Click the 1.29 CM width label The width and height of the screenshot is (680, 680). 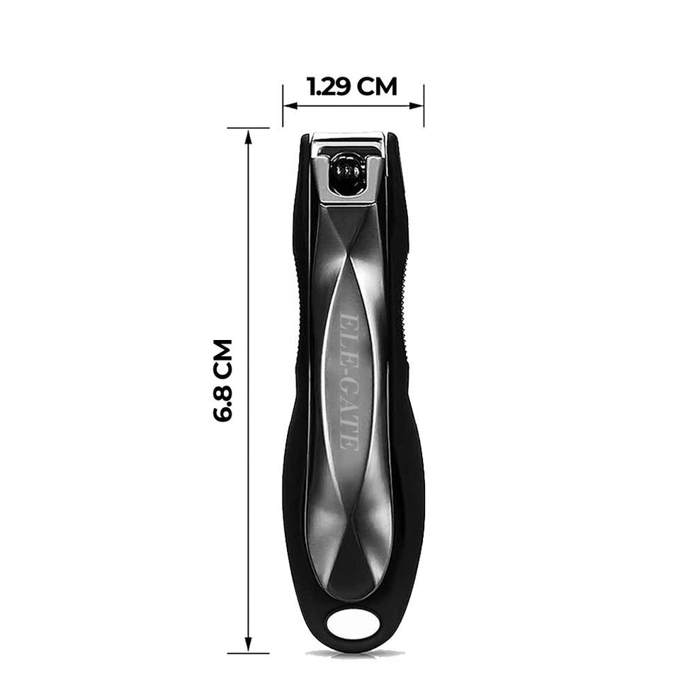(352, 86)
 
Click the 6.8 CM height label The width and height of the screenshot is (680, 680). (223, 381)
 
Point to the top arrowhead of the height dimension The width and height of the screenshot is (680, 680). (249, 137)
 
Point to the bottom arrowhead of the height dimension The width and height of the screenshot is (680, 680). (249, 644)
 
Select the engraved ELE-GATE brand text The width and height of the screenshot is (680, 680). (349, 382)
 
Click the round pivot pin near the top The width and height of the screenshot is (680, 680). (346, 172)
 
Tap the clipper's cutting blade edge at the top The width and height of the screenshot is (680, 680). (349, 138)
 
